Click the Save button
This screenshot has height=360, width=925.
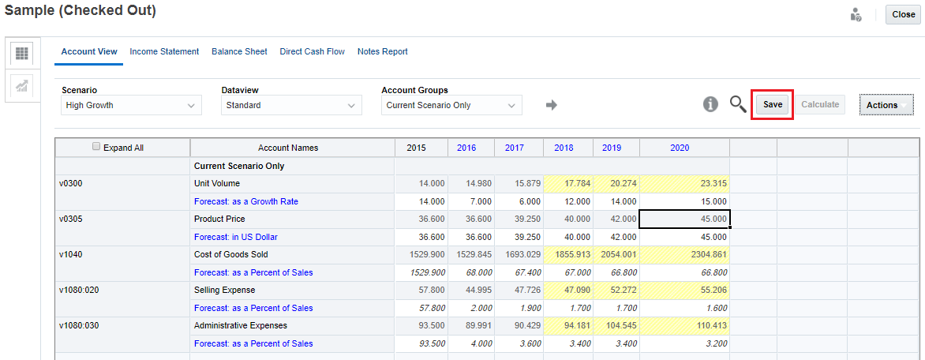(x=772, y=105)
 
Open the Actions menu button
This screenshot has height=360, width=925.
(x=882, y=105)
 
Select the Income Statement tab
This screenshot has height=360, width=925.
(x=164, y=52)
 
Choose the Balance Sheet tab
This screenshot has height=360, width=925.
(x=239, y=52)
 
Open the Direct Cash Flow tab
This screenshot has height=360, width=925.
(x=312, y=52)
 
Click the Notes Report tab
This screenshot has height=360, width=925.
(x=382, y=52)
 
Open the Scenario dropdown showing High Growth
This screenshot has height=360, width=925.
(x=131, y=105)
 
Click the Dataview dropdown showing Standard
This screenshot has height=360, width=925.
(x=291, y=105)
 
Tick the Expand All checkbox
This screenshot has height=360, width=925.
(x=96, y=147)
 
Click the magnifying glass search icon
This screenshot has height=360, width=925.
(x=737, y=104)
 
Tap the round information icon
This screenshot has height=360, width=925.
(x=710, y=104)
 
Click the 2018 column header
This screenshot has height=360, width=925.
(x=564, y=148)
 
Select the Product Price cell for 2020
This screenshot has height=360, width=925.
(x=683, y=219)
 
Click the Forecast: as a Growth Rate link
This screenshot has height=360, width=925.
(x=246, y=201)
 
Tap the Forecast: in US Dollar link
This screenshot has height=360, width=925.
(x=236, y=237)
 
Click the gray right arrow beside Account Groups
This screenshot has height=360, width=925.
(x=552, y=105)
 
